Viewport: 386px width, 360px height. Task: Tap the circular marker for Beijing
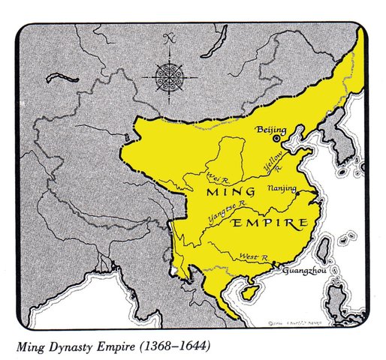tap(277, 139)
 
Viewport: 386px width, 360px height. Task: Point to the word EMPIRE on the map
tap(272, 223)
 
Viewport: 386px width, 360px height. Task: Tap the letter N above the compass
tap(170, 36)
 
